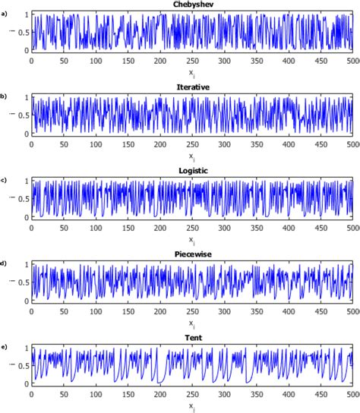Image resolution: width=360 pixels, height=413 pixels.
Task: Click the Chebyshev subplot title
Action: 191,5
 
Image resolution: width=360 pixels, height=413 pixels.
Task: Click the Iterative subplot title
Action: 191,88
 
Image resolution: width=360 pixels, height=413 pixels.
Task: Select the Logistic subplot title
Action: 191,172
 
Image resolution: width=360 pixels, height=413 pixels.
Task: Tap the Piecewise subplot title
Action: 191,254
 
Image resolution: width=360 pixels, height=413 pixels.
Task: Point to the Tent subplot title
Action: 191,338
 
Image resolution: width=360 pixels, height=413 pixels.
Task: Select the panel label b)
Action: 5,96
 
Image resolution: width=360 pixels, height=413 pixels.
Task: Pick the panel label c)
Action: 5,180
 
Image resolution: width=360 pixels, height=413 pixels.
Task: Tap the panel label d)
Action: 5,263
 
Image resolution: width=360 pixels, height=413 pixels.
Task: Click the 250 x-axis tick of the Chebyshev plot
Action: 192,60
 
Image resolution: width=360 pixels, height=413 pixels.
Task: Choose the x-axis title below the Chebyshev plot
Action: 191,72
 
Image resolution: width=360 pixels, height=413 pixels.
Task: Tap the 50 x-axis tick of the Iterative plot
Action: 63,143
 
